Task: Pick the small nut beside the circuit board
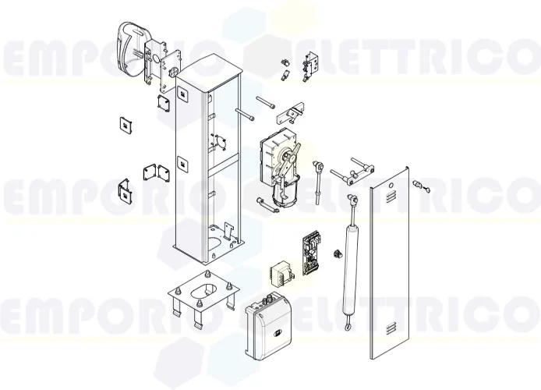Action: coord(337,254)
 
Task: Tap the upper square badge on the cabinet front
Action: coord(184,94)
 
